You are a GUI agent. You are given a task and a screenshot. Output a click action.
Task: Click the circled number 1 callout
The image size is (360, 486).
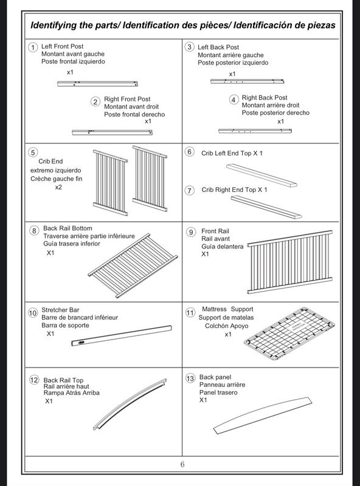click(x=33, y=47)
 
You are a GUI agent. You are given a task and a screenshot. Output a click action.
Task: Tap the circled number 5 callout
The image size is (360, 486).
click(x=33, y=152)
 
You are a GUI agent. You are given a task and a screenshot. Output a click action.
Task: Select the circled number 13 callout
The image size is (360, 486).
click(x=190, y=378)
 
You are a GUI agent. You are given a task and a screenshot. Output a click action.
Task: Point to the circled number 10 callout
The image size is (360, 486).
click(x=33, y=313)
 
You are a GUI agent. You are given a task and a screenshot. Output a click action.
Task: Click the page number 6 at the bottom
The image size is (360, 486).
click(x=182, y=464)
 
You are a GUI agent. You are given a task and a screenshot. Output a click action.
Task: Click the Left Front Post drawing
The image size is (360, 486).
click(x=97, y=84)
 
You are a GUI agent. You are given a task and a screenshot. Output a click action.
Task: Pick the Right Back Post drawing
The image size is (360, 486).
click(x=255, y=131)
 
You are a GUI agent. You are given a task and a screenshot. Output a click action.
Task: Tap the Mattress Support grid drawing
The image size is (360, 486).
click(x=290, y=334)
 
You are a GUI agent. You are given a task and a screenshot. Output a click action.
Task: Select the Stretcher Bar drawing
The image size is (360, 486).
click(x=122, y=336)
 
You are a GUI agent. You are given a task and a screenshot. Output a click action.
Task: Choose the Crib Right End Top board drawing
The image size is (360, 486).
click(x=266, y=207)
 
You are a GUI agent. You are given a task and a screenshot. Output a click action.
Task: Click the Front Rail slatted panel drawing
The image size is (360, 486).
click(x=290, y=262)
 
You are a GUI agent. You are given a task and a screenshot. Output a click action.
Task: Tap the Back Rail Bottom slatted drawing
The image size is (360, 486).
click(x=133, y=265)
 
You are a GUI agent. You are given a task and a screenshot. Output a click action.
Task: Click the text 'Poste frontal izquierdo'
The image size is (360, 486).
click(x=73, y=61)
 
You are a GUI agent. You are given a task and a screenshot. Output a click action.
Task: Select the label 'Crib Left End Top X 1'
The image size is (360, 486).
click(x=232, y=153)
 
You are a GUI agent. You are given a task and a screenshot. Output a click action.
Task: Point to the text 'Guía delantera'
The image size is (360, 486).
click(x=222, y=247)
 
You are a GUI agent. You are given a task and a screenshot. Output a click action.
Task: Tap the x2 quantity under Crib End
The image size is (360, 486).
click(x=58, y=187)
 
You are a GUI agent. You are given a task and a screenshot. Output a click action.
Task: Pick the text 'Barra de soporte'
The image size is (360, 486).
click(x=65, y=325)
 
